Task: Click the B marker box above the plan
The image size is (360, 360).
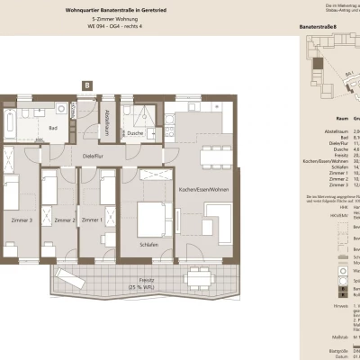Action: (86, 85)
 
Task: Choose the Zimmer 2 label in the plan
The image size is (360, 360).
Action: (64, 220)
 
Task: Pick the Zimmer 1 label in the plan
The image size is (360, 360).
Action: (91, 220)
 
